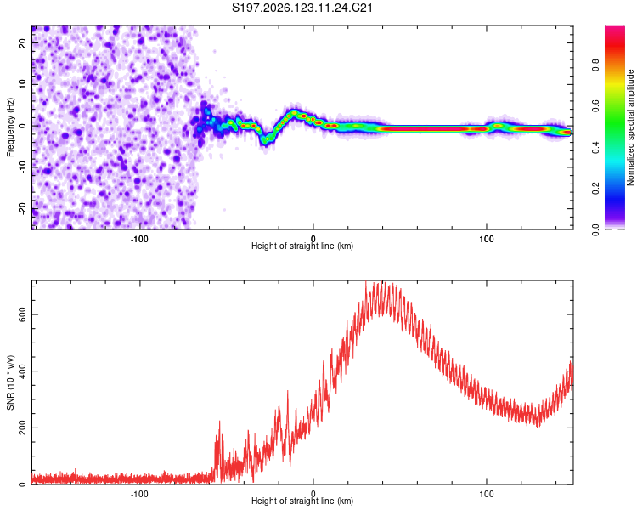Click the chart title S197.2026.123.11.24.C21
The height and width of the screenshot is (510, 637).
[302, 8]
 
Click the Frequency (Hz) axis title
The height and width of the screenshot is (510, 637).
[10, 127]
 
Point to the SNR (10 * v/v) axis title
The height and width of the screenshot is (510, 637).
[10, 382]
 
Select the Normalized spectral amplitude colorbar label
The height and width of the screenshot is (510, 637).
[630, 127]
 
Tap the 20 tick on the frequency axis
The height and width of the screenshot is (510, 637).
[23, 42]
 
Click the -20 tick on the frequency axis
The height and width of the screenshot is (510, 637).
[23, 209]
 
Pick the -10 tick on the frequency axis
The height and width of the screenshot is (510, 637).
[23, 167]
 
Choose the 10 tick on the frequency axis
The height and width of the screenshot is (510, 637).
[23, 84]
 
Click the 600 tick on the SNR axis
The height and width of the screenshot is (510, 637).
[23, 314]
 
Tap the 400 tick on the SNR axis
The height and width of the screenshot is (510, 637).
[23, 371]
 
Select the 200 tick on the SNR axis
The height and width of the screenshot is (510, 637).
[23, 428]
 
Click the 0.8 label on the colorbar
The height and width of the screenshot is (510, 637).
[595, 65]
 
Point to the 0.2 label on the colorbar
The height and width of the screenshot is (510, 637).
[595, 189]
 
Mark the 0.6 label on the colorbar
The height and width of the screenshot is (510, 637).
[595, 106]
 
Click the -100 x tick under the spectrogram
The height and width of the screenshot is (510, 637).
[139, 239]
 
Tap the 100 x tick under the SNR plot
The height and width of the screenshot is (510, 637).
[487, 494]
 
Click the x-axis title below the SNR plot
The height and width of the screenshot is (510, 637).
[302, 501]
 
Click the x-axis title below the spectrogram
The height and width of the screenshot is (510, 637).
[302, 246]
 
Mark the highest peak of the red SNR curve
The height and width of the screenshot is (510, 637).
[365, 281]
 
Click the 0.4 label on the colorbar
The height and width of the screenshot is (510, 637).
[595, 147]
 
